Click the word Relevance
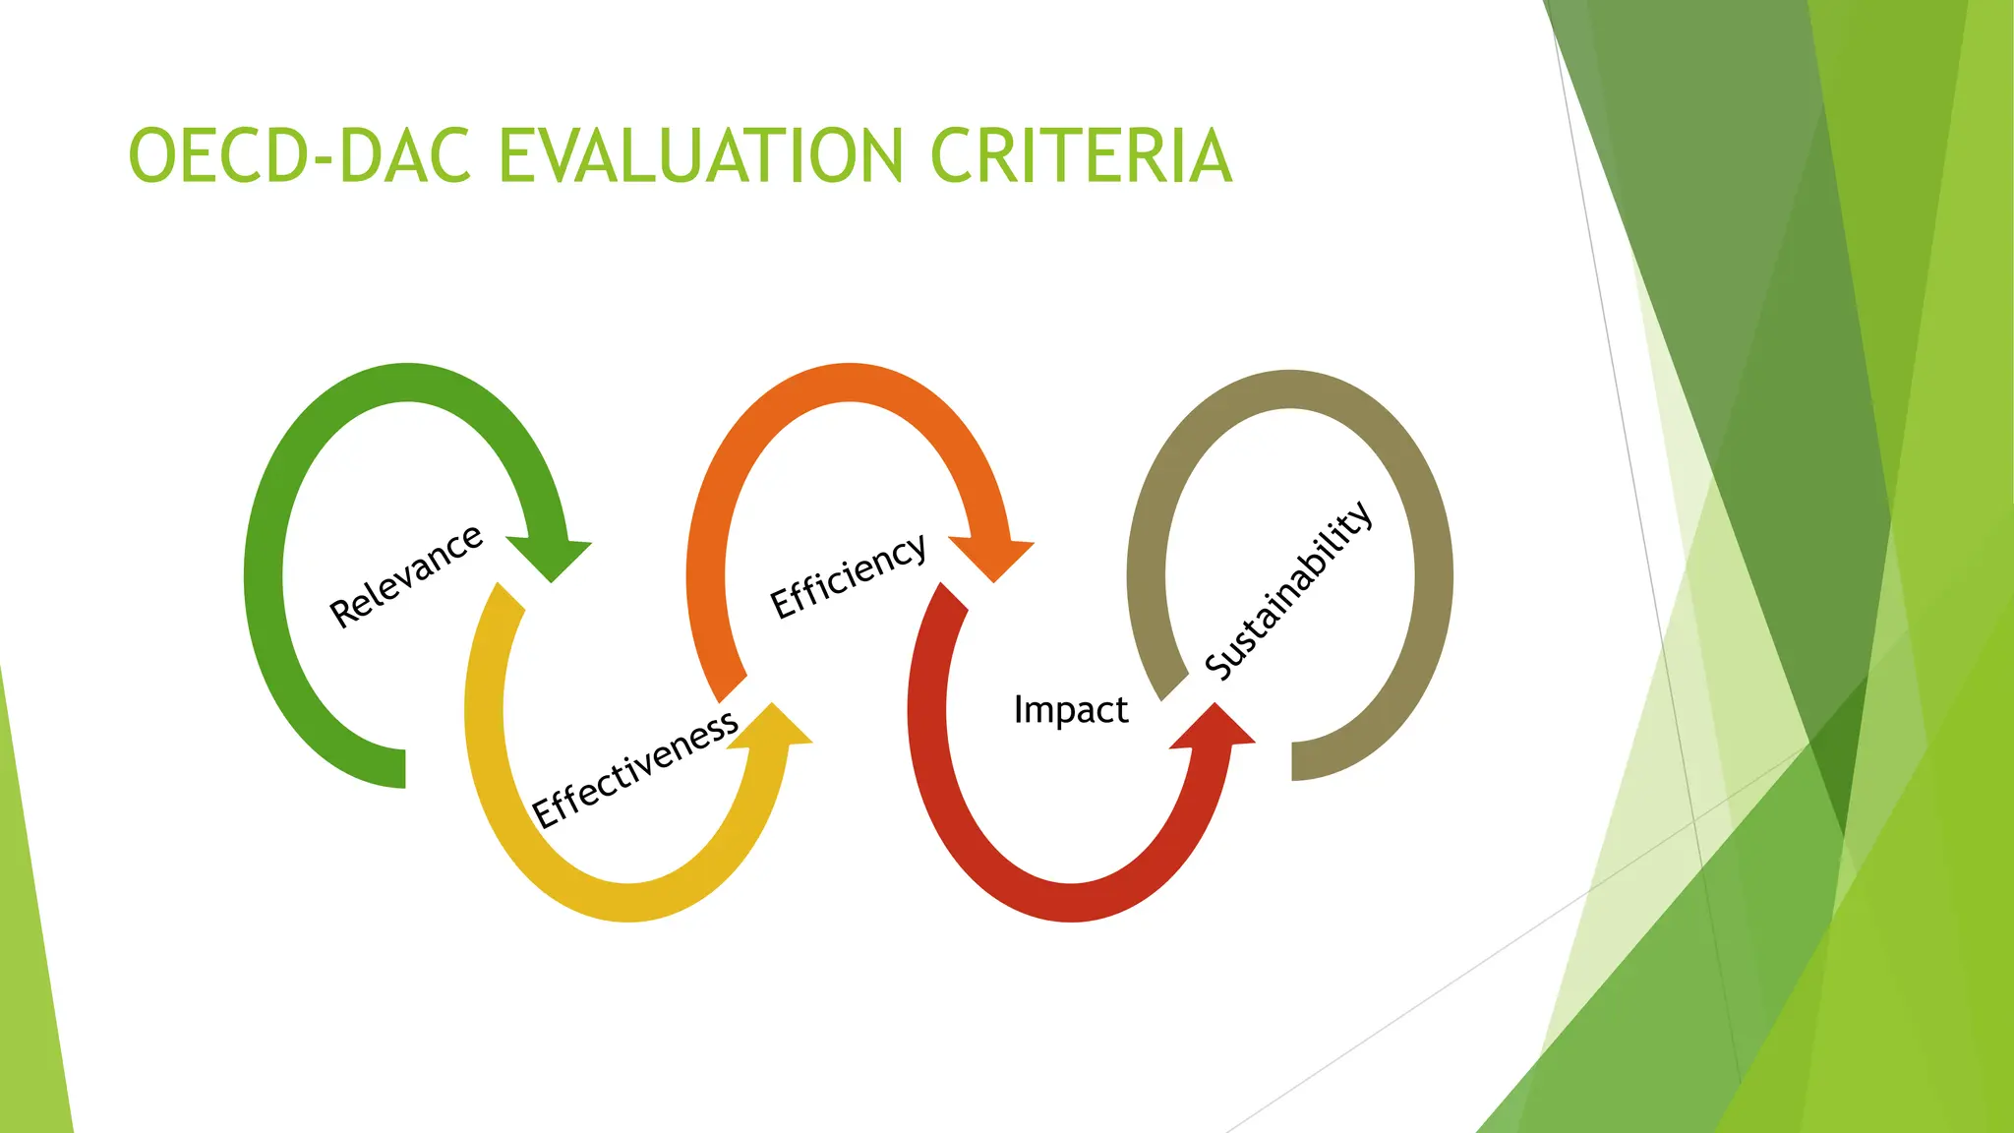click(405, 576)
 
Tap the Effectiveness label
click(635, 769)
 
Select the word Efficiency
click(848, 576)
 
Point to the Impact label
click(1070, 710)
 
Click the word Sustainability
click(1288, 590)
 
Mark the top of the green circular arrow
click(407, 383)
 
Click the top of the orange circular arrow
click(848, 383)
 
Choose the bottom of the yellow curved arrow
click(629, 902)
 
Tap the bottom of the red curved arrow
click(1070, 902)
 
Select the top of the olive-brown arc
click(1289, 389)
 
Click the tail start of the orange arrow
click(732, 688)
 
